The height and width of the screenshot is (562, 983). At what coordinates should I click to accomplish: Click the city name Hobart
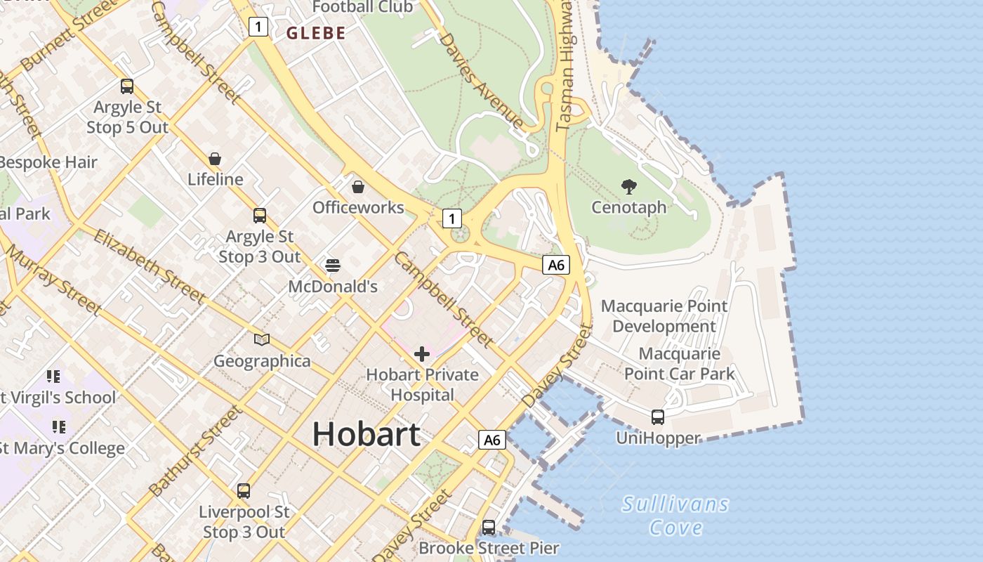pos(366,433)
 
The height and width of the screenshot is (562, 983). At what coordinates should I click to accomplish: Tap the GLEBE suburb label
pos(316,33)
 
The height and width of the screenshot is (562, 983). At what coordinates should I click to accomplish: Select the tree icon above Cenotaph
pos(629,187)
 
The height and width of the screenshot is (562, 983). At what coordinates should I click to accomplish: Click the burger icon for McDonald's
pos(333,266)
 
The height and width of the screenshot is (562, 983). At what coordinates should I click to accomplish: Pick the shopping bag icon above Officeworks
pos(358,187)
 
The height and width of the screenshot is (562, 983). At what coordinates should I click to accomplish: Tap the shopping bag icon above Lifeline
pos(215,159)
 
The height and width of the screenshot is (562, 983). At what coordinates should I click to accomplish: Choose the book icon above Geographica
pos(262,340)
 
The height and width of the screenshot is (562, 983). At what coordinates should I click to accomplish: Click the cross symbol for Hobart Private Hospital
pos(422,354)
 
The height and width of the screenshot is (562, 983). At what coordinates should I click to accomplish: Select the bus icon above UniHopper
pos(658,417)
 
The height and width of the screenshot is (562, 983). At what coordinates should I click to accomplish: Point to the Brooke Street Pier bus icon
pos(489,527)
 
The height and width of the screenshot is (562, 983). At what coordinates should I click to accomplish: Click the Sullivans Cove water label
pos(675,516)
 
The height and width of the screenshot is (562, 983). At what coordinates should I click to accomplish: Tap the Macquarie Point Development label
pos(664,316)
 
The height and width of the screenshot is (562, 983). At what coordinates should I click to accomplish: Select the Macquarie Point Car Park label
pos(679,363)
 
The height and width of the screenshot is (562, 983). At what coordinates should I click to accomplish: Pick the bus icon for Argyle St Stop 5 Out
pos(127,86)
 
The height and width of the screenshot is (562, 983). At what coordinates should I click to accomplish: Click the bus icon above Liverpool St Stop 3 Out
pos(244,491)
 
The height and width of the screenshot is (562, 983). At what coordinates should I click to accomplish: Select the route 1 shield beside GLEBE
pos(258,27)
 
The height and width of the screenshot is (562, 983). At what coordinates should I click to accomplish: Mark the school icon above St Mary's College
pos(59,426)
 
